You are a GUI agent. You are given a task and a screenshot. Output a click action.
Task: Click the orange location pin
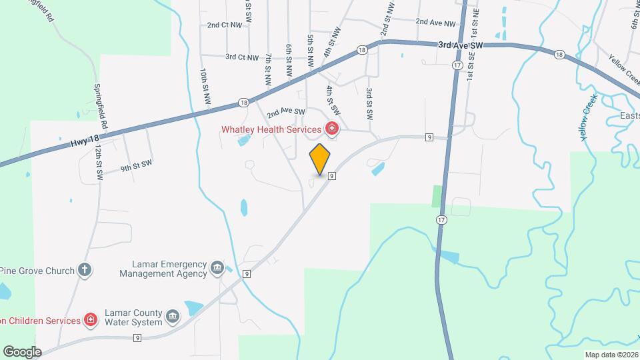(320, 159)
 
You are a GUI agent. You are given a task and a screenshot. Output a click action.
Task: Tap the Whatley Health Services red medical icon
(331, 129)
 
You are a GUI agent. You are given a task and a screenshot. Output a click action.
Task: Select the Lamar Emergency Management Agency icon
(217, 268)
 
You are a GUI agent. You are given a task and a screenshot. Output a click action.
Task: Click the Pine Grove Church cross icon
(84, 270)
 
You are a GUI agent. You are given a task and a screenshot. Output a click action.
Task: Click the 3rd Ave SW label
(460, 45)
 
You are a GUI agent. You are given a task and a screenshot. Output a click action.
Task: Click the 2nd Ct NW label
(223, 25)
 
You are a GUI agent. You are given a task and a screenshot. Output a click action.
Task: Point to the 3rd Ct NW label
(241, 57)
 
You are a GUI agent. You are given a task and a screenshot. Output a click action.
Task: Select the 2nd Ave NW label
(435, 22)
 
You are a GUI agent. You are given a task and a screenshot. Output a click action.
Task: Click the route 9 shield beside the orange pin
(331, 176)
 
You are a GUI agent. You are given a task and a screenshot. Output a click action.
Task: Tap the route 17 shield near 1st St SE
(457, 65)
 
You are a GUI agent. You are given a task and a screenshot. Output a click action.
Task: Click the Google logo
(22, 351)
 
